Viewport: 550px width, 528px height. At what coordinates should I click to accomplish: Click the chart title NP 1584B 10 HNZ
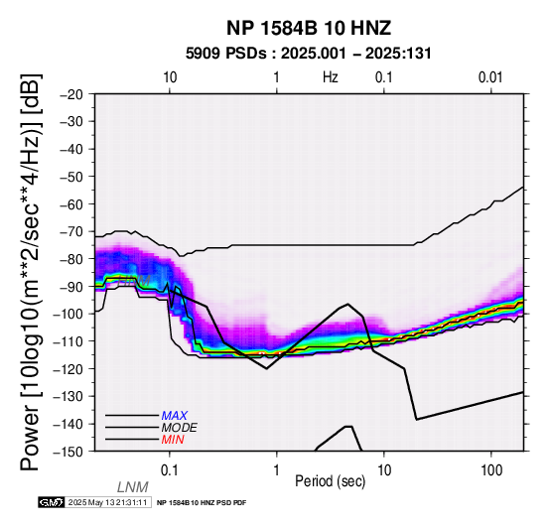point(309,28)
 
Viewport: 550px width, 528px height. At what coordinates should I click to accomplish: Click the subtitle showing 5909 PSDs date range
point(309,54)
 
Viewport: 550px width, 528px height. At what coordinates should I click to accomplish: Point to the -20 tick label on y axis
point(71,94)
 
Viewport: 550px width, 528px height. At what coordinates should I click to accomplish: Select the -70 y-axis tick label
point(71,231)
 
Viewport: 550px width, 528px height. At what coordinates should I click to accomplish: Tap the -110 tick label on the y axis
point(69,340)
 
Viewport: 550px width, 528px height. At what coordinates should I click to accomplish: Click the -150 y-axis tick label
point(69,452)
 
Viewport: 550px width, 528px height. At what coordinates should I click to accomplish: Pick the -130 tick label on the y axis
point(69,396)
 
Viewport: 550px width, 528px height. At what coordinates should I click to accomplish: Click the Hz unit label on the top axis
point(331,77)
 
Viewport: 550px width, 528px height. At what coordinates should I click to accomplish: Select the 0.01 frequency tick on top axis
point(490,77)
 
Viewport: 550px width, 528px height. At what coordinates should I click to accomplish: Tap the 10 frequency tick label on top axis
point(170,77)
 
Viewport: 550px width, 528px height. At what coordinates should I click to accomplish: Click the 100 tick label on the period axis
point(491,470)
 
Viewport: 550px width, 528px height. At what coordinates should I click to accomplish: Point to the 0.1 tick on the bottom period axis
point(170,470)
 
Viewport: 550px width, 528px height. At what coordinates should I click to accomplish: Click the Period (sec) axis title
point(330,481)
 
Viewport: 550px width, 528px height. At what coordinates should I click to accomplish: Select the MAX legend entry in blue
point(175,416)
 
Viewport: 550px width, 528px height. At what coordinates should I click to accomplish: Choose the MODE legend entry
point(180,428)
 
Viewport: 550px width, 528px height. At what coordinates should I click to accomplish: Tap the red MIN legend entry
point(173,440)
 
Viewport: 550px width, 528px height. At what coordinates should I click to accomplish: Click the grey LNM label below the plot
point(133,487)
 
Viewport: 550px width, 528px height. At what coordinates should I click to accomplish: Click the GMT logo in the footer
point(52,502)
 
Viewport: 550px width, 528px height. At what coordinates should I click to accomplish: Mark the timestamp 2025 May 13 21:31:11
point(107,502)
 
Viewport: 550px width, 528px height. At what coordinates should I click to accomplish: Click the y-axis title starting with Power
point(31,272)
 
